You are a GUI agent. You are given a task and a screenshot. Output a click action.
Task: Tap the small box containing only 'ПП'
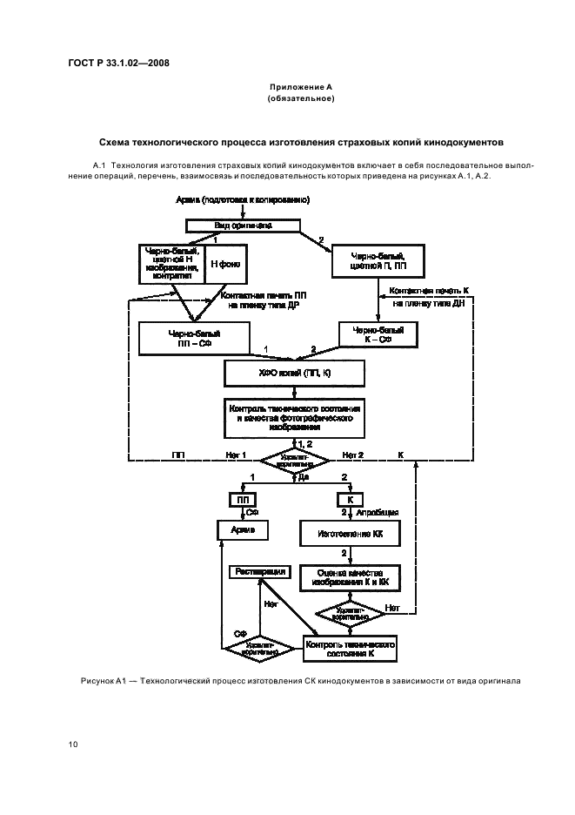(241, 501)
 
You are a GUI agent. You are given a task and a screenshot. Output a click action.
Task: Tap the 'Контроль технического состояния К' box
(350, 647)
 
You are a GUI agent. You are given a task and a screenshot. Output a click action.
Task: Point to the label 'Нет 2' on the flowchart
(352, 455)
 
